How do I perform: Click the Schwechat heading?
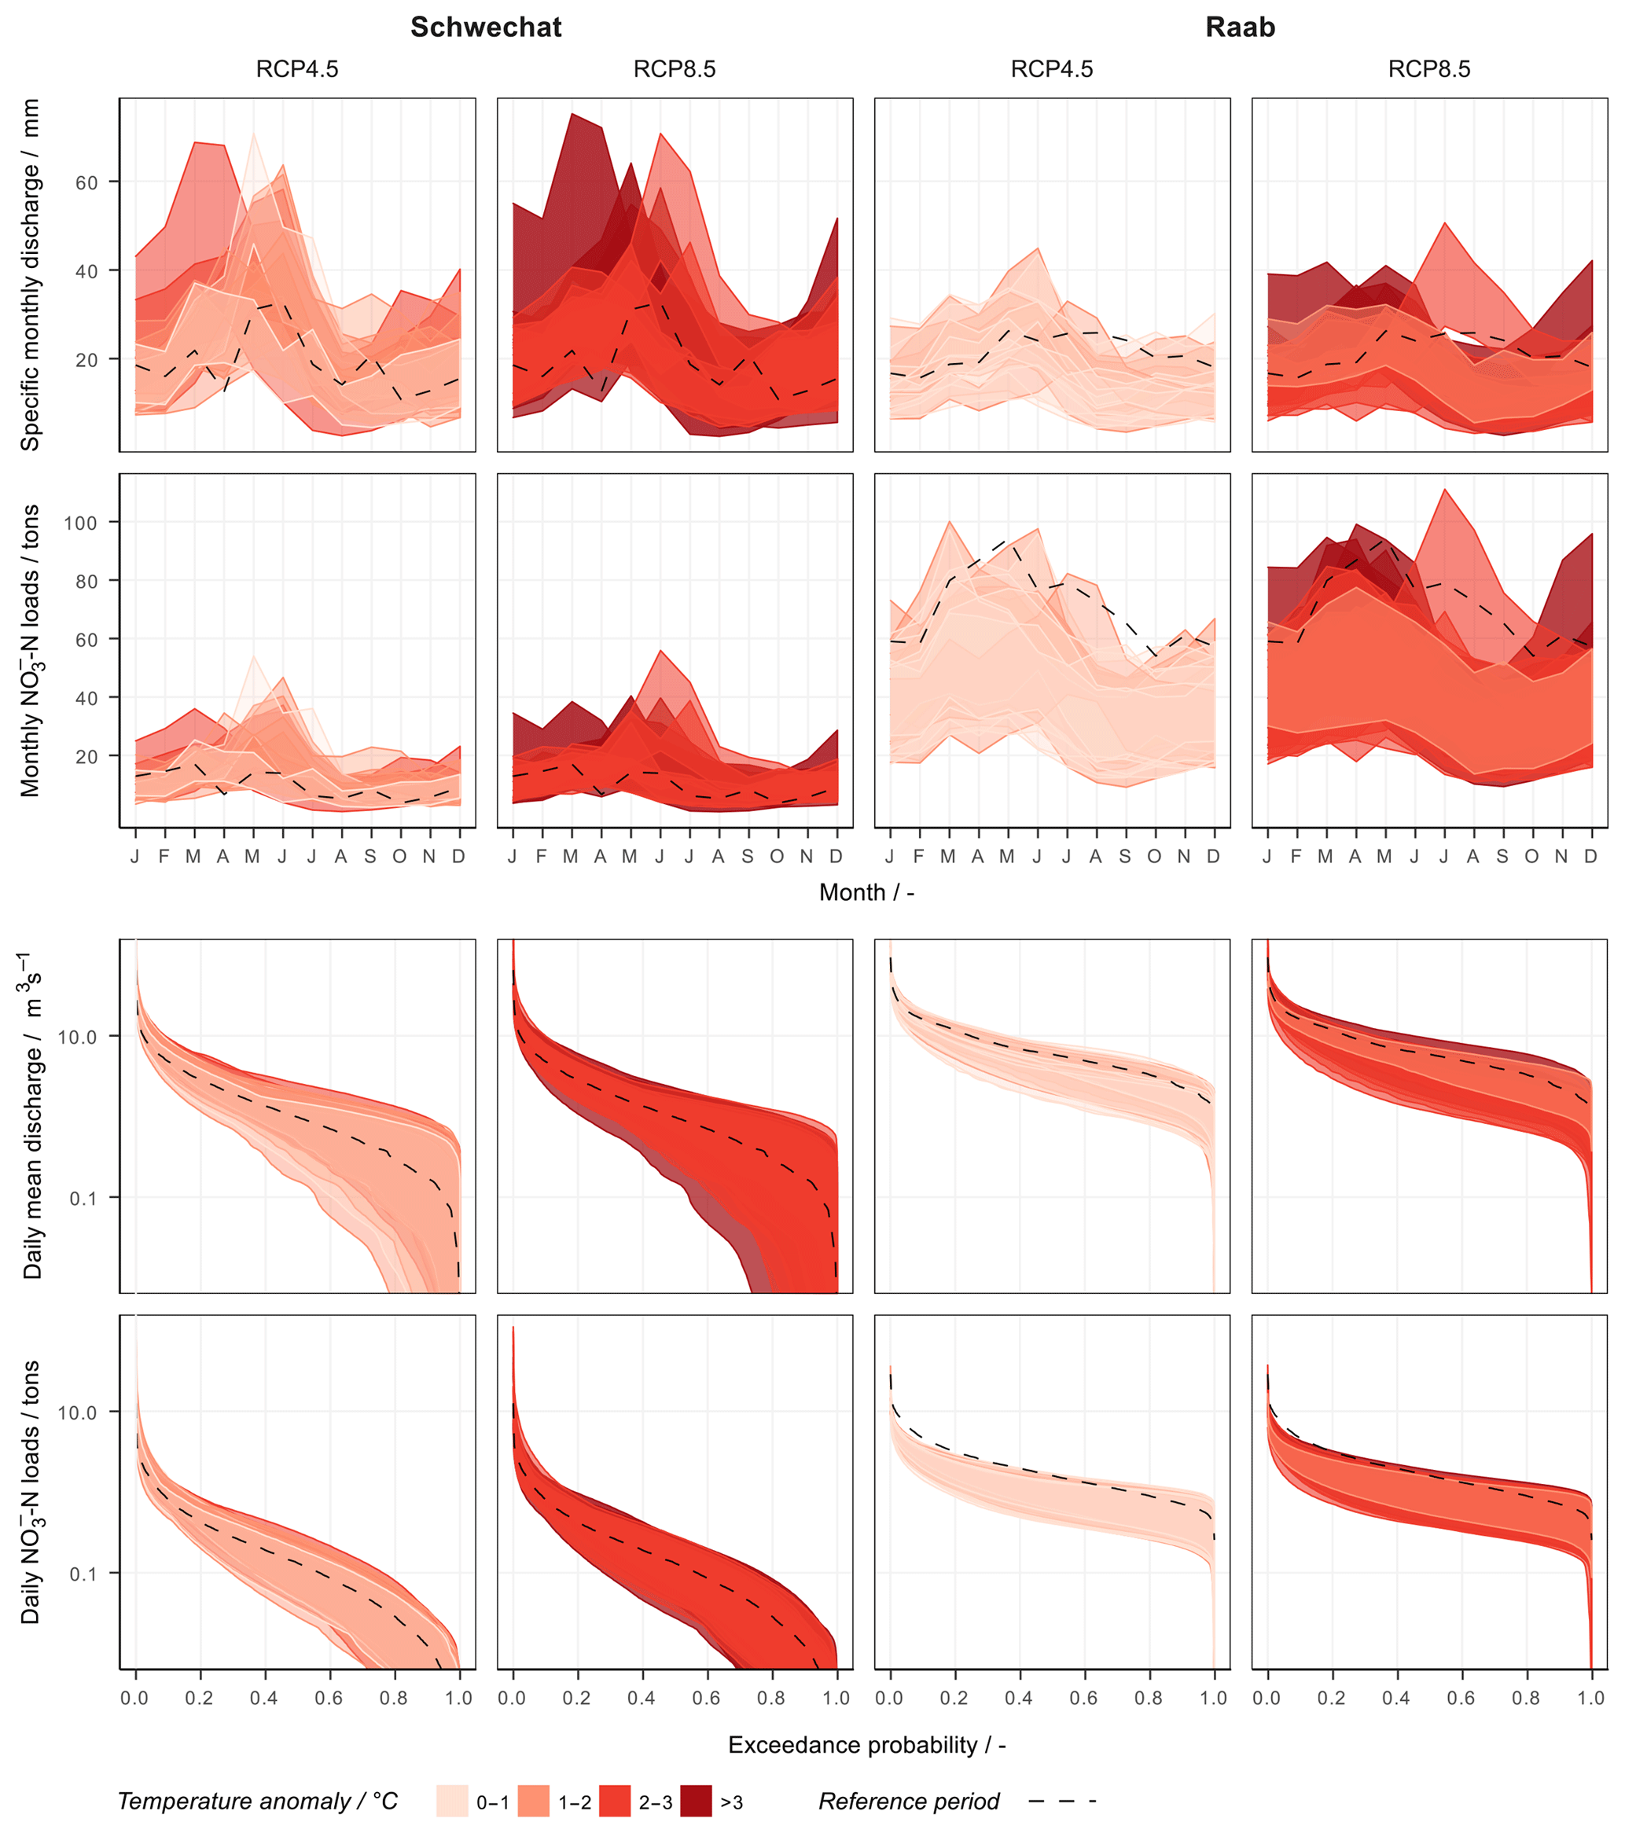(x=486, y=28)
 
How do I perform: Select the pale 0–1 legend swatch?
(x=452, y=1801)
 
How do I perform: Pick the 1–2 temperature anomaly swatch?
(x=534, y=1801)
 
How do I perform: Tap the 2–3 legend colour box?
(x=614, y=1801)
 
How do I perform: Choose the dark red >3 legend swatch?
(x=696, y=1801)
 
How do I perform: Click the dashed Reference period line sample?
(x=1062, y=1801)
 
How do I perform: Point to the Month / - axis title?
(x=866, y=892)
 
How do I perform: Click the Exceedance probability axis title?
(x=866, y=1744)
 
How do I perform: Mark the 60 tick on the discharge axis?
(x=87, y=182)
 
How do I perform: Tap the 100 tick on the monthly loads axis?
(x=81, y=523)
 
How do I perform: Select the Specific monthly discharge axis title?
(x=31, y=274)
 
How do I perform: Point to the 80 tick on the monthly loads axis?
(x=87, y=581)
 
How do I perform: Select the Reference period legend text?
(x=909, y=1801)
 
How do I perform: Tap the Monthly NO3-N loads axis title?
(x=31, y=650)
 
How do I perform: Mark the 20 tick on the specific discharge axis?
(x=87, y=360)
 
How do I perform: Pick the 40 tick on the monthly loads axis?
(x=87, y=698)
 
